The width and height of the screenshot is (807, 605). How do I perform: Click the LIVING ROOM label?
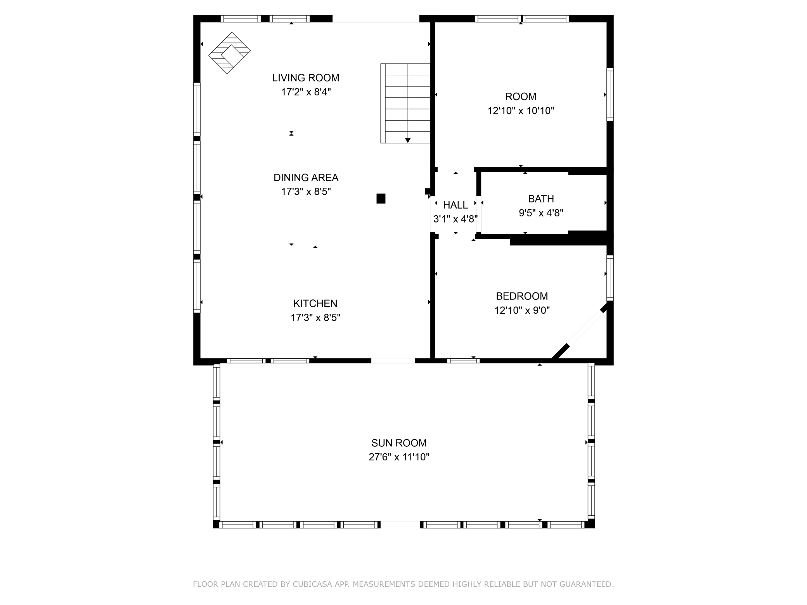pos(306,78)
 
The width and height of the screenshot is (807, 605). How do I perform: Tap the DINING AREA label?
pos(306,178)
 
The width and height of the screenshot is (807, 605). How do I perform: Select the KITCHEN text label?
pos(315,303)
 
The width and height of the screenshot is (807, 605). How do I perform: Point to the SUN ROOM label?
pos(399,443)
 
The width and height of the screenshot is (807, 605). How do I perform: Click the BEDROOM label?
pos(522,296)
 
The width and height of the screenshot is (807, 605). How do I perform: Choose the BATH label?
pos(541,199)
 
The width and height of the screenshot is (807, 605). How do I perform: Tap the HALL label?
pos(455,205)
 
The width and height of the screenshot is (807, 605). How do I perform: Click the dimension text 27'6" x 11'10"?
pos(399,457)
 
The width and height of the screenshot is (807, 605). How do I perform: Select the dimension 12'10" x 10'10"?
pos(521,111)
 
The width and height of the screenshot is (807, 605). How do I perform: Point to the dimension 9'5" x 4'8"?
pos(541,213)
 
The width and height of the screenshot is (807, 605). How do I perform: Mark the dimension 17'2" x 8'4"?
pos(306,92)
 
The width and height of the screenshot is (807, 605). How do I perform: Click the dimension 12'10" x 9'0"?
pos(522,310)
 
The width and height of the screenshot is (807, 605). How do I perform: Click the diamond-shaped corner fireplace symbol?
pos(229,53)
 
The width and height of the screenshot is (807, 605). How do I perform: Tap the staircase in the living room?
pos(405,103)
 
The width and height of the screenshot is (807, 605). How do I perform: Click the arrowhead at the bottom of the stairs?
pos(408,140)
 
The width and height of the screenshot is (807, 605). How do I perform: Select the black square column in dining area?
pos(381,199)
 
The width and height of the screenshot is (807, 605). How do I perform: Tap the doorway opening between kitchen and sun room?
pos(393,361)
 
